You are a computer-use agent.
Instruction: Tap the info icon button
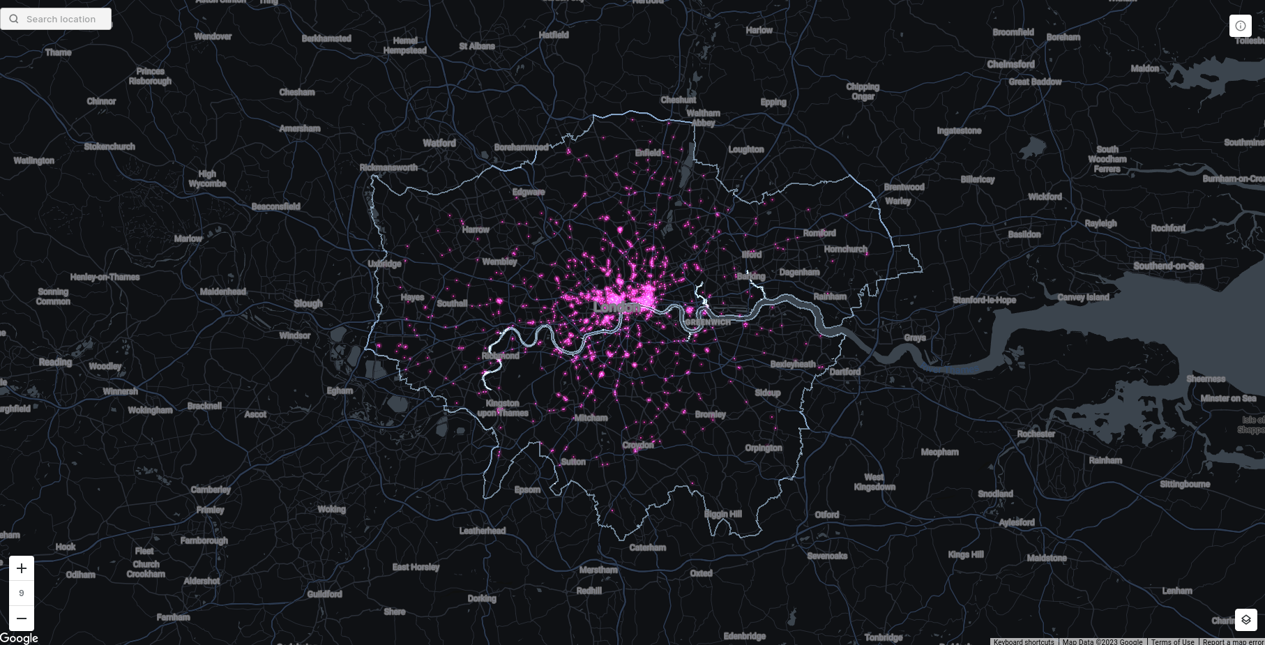(x=1241, y=26)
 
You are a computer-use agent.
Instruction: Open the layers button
(x=1245, y=619)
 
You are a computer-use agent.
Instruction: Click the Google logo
(x=19, y=638)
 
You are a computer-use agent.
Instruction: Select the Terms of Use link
(x=1172, y=642)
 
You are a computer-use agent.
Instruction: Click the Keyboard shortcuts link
(x=1023, y=642)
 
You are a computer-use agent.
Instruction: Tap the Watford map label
(x=439, y=143)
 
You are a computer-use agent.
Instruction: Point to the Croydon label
(x=638, y=445)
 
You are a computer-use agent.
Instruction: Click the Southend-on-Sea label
(x=1168, y=266)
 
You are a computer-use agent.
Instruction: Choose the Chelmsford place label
(x=1010, y=64)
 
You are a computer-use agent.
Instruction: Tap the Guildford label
(x=324, y=594)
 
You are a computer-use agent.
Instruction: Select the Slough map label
(x=308, y=303)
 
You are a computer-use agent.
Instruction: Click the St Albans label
(x=477, y=46)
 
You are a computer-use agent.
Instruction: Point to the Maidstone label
(x=1046, y=558)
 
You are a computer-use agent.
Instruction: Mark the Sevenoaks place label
(x=827, y=556)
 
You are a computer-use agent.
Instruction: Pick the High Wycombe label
(x=207, y=179)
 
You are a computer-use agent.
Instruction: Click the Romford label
(x=819, y=233)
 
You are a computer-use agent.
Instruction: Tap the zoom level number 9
(x=22, y=593)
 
